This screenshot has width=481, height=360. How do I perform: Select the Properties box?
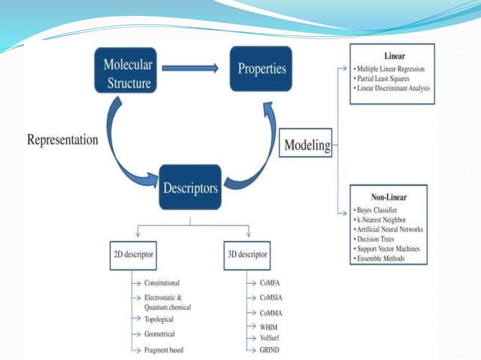point(262,69)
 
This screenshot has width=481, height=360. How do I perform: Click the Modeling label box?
point(307,145)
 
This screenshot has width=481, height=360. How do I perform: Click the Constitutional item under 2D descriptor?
point(162,283)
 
